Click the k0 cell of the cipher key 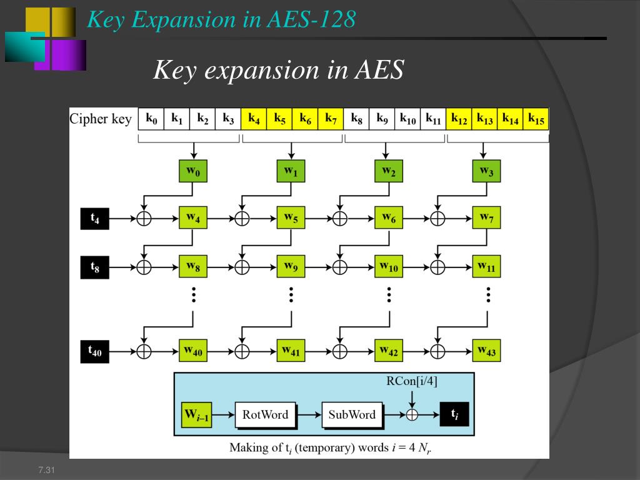pyautogui.click(x=151, y=118)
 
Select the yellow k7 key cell pyautogui.click(x=331, y=118)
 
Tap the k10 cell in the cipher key pyautogui.click(x=407, y=118)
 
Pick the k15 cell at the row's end pyautogui.click(x=536, y=118)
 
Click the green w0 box pyautogui.click(x=192, y=171)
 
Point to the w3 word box pyautogui.click(x=486, y=171)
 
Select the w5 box pyautogui.click(x=291, y=218)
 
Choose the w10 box pyautogui.click(x=388, y=266)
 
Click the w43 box pyautogui.click(x=486, y=351)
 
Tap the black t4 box pyautogui.click(x=94, y=218)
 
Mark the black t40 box pyautogui.click(x=94, y=351)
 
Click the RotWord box pyautogui.click(x=265, y=414)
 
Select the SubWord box pyautogui.click(x=352, y=414)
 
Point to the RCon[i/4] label pyautogui.click(x=411, y=382)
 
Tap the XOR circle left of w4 pyautogui.click(x=144, y=218)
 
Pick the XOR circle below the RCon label pyautogui.click(x=411, y=414)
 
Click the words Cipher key pyautogui.click(x=101, y=119)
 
